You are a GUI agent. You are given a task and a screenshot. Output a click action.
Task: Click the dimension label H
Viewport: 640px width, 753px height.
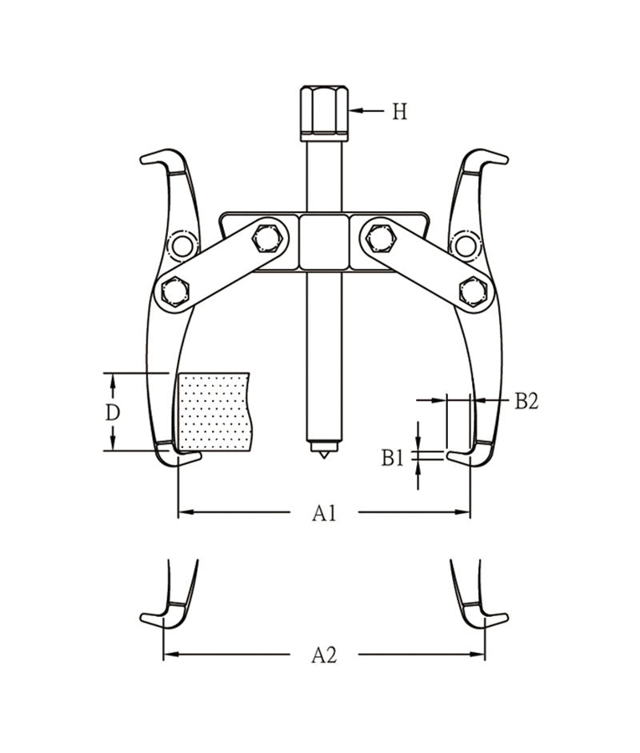pos(399,112)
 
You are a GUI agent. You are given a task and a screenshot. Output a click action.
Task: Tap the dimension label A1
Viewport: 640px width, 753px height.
pos(324,513)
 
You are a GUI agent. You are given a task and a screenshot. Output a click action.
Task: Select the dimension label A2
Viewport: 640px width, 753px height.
pos(324,655)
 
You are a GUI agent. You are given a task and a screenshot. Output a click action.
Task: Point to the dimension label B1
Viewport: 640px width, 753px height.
pos(392,458)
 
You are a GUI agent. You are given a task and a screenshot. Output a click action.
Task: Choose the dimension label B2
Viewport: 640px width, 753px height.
pos(526,401)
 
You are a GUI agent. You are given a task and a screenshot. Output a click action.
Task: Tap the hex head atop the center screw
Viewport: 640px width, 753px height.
pos(325,112)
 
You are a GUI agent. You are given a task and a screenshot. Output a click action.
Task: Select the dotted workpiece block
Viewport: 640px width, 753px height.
pos(213,412)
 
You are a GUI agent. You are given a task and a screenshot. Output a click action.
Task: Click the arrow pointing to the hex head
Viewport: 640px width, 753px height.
pos(367,111)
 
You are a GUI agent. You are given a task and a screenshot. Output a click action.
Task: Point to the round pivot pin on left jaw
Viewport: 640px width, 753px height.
pos(182,246)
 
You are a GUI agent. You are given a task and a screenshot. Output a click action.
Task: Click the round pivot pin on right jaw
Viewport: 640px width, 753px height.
pos(464,245)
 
